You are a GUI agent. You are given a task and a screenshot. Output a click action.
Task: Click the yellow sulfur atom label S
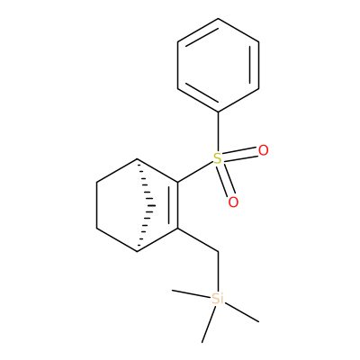click(218, 158)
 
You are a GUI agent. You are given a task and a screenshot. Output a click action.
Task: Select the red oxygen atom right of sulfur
click(263, 150)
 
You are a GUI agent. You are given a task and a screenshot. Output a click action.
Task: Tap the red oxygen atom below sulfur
click(233, 202)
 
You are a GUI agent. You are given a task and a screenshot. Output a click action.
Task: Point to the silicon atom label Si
click(218, 299)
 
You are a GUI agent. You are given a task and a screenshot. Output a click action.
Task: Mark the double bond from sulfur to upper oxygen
click(240, 154)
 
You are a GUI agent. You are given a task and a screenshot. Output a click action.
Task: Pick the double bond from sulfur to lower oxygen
click(226, 180)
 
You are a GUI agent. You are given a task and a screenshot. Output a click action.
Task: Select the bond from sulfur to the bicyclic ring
click(195, 172)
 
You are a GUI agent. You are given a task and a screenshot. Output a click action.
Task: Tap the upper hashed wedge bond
click(145, 183)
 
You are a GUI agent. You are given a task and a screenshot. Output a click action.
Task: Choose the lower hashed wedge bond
click(145, 229)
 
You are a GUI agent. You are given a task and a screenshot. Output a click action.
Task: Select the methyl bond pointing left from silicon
click(191, 293)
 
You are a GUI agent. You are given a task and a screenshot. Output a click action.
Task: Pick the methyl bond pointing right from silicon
click(242, 312)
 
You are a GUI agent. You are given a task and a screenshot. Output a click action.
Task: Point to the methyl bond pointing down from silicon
click(209, 324)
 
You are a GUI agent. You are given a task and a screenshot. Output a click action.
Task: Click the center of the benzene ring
click(218, 66)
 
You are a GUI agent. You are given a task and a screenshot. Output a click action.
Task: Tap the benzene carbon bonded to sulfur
click(218, 112)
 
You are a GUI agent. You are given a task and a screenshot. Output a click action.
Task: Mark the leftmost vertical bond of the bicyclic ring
click(96, 205)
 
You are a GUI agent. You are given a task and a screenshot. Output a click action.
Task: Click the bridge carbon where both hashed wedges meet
click(156, 206)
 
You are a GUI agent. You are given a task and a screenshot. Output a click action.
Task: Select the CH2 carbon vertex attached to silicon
click(218, 252)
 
